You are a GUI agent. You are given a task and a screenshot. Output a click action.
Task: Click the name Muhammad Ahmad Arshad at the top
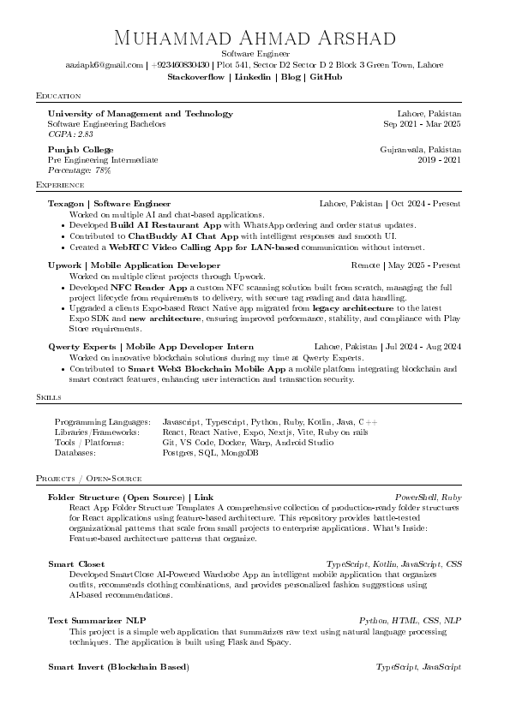pos(255,39)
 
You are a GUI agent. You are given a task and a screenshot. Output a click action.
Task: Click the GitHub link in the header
pos(326,77)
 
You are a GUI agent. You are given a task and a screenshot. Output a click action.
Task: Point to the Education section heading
pos(59,95)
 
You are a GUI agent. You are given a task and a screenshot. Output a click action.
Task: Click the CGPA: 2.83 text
pos(70,134)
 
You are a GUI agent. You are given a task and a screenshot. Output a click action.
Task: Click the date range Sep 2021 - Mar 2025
pos(422,124)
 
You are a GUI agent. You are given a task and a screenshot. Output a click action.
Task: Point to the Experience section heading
pos(61,185)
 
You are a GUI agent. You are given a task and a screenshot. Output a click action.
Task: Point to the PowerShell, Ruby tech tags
pos(428,498)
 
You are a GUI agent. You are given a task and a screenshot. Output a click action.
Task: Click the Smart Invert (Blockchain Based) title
pos(118,667)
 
